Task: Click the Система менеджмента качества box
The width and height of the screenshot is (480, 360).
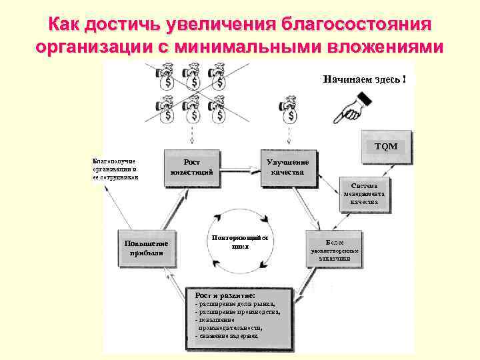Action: (363, 193)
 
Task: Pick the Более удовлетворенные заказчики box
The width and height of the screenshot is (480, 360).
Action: (334, 249)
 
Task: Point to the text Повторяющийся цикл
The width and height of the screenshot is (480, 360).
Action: (239, 241)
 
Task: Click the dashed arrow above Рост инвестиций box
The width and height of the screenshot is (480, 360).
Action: (193, 137)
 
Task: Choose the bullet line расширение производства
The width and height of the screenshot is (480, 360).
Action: (237, 311)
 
